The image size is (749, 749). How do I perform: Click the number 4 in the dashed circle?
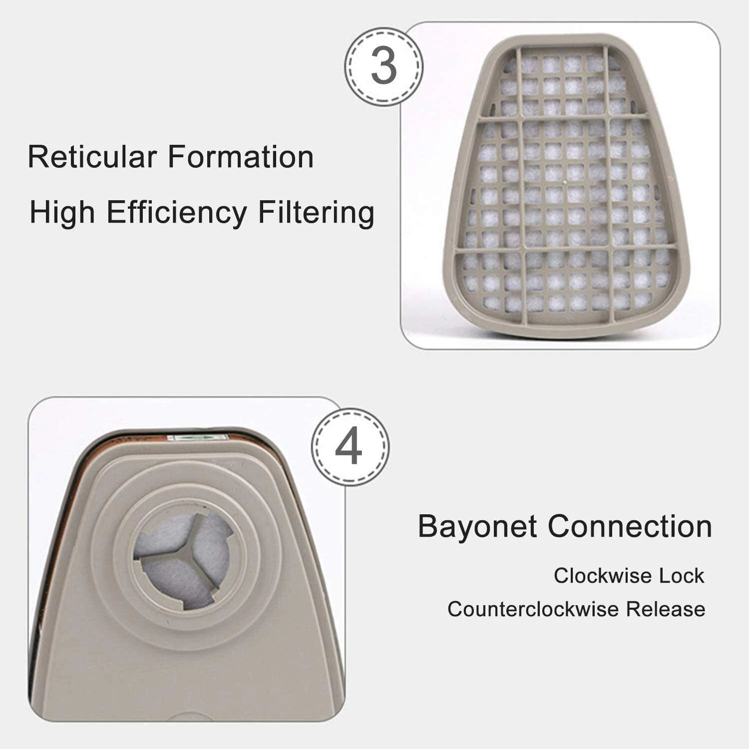coord(349,446)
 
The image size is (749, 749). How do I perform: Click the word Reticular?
coord(92,157)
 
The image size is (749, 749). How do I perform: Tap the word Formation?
coord(241,157)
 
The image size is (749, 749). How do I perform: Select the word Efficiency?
coord(177,213)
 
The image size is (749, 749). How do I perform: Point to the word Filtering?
coord(316,213)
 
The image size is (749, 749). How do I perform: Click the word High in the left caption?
coord(62,213)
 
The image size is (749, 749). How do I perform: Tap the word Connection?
coord(630,526)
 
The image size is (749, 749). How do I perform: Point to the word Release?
coord(666,609)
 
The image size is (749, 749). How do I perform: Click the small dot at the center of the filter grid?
coord(564,183)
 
